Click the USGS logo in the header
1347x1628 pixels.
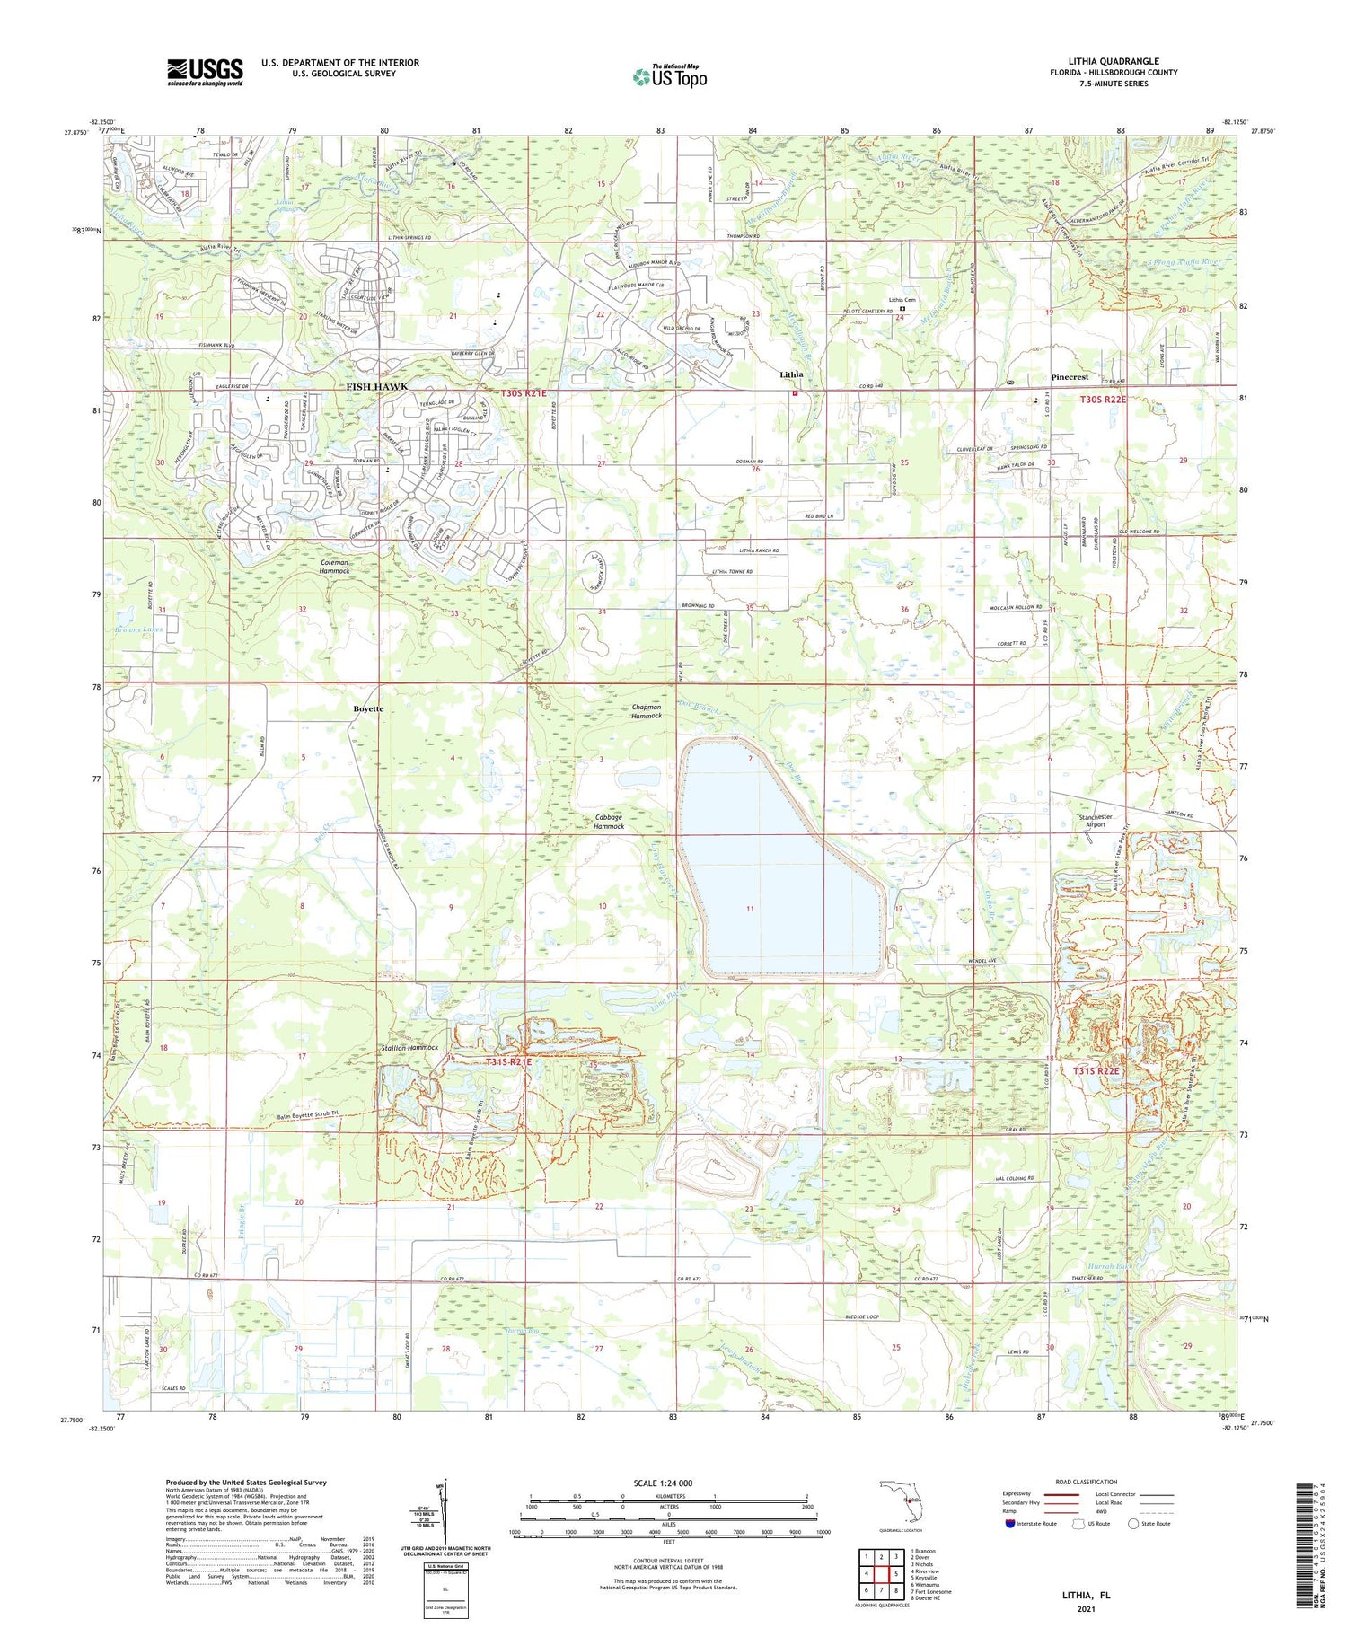(205, 72)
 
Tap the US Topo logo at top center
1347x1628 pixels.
(669, 76)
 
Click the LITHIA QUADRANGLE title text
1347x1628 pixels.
(1113, 61)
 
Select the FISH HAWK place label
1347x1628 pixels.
(377, 386)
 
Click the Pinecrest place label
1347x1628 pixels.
(1069, 377)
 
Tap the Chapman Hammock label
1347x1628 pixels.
(646, 711)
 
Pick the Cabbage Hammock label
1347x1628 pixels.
(609, 822)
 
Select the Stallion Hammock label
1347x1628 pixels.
(409, 1047)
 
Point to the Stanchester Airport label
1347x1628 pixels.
(1095, 821)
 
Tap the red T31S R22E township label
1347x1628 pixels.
(1096, 1071)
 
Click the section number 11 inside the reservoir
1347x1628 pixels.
(750, 909)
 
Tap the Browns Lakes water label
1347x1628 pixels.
(133, 629)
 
